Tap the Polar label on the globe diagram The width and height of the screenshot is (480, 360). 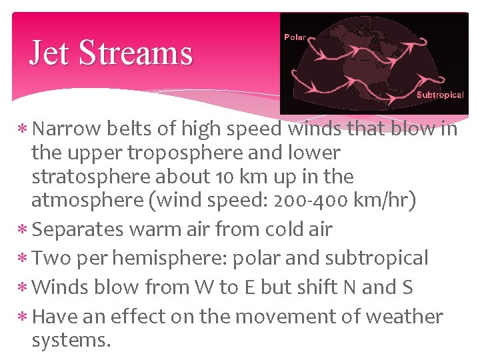pos(295,37)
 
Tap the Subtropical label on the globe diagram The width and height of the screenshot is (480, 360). pos(440,95)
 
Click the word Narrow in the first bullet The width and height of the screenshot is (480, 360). pos(65,128)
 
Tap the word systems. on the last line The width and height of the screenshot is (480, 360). pos(71,340)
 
